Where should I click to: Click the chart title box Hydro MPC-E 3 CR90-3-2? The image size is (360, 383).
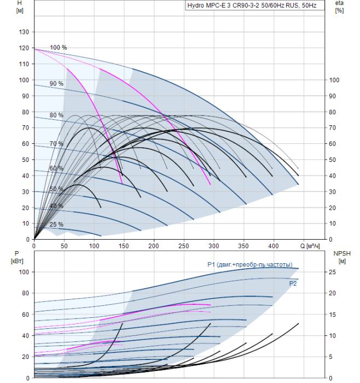point(255,5)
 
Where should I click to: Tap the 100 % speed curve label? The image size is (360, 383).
point(59,48)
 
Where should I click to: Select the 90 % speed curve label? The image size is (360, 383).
point(56,84)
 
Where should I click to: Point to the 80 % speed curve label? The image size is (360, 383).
point(56,115)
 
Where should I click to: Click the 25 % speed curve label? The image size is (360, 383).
point(56,224)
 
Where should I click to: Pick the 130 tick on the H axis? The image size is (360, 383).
point(24,32)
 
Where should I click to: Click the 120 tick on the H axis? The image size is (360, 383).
point(24,48)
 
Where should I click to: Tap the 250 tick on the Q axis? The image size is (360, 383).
point(184,246)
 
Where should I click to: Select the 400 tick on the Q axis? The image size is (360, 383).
point(274,246)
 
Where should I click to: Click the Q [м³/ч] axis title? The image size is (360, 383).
point(310,246)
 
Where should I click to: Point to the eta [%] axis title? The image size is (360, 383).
point(339,7)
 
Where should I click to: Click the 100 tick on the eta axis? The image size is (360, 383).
point(334,80)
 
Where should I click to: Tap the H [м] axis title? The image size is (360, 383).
point(20,7)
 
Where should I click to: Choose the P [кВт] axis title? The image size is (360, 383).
point(17,257)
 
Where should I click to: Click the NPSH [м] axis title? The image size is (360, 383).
point(342,257)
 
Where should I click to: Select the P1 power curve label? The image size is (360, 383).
point(250,264)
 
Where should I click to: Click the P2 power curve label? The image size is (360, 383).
point(293,283)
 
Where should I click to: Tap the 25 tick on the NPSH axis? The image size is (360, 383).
point(333,272)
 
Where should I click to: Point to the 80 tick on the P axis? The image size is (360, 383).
point(25,293)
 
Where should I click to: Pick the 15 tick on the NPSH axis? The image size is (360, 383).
point(333,315)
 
